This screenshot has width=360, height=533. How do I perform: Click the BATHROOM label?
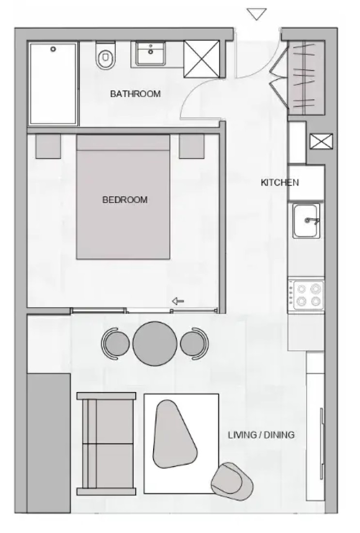(x=135, y=94)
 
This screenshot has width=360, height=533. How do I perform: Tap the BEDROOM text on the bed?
(x=125, y=200)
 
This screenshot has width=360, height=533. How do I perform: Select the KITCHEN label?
(x=280, y=183)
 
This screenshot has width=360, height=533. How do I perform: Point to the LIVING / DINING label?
(x=261, y=435)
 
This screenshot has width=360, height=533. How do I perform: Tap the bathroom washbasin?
(x=151, y=53)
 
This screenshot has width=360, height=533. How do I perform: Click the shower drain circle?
(x=53, y=49)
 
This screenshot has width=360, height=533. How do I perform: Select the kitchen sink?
(x=307, y=221)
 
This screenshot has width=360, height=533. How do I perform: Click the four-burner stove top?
(x=306, y=295)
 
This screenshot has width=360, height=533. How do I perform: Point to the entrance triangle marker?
(x=257, y=14)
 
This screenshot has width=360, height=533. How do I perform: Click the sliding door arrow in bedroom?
(x=178, y=301)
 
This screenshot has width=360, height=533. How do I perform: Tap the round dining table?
(x=155, y=344)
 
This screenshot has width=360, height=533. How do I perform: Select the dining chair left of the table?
(x=115, y=344)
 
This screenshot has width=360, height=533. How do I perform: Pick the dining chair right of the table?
(x=194, y=344)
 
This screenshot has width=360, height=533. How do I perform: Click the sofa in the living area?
(x=107, y=443)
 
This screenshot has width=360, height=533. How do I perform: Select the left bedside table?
(x=48, y=146)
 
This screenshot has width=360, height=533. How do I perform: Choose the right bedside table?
(x=192, y=146)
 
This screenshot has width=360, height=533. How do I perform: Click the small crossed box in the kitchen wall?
(x=321, y=141)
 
